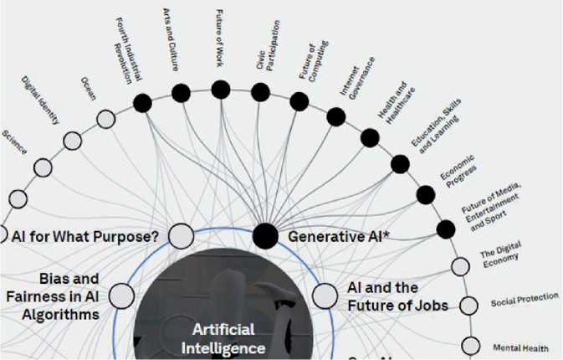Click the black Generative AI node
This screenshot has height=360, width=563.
pyautogui.click(x=266, y=236)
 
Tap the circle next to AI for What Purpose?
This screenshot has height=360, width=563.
pyautogui.click(x=182, y=236)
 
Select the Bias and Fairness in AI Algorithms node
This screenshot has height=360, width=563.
pyautogui.click(x=121, y=295)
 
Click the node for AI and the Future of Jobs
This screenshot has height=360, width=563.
pyautogui.click(x=325, y=295)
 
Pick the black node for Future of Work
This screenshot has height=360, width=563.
pyautogui.click(x=221, y=89)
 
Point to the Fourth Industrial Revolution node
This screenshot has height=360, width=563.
pyautogui.click(x=143, y=102)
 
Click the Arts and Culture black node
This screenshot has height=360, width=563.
pyautogui.click(x=181, y=92)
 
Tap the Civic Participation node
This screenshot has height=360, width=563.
pyautogui.click(x=261, y=91)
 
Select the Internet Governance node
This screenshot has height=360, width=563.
pyautogui.click(x=336, y=116)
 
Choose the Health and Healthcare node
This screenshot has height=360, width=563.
pyautogui.click(x=369, y=137)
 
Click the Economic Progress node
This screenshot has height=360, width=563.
pyautogui.click(x=425, y=195)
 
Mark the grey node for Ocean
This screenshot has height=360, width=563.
pyautogui.click(x=106, y=119)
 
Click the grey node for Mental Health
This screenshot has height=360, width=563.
pyautogui.click(x=471, y=345)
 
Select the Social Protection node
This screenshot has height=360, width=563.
pyautogui.click(x=468, y=305)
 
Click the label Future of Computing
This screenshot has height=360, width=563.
pyautogui.click(x=308, y=59)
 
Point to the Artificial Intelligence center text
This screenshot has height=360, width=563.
pyautogui.click(x=228, y=337)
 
